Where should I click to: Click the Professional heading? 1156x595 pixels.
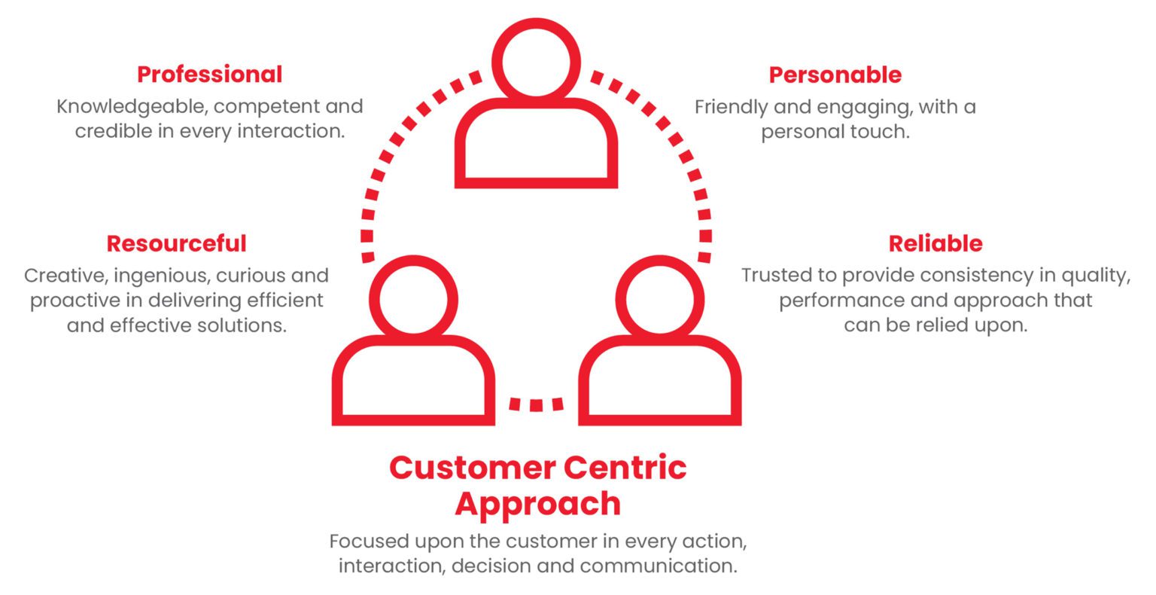(209, 75)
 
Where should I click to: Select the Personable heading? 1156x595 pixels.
(835, 75)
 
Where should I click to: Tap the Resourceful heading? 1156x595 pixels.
(176, 243)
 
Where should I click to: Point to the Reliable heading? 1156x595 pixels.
(935, 243)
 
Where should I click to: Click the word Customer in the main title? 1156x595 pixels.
(470, 468)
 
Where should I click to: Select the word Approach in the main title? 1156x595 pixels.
(537, 503)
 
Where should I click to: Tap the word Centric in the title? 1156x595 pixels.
(625, 468)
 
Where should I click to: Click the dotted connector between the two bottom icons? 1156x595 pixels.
(536, 404)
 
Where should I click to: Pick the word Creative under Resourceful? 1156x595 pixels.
(65, 276)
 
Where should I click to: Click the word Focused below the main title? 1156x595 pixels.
(367, 541)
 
